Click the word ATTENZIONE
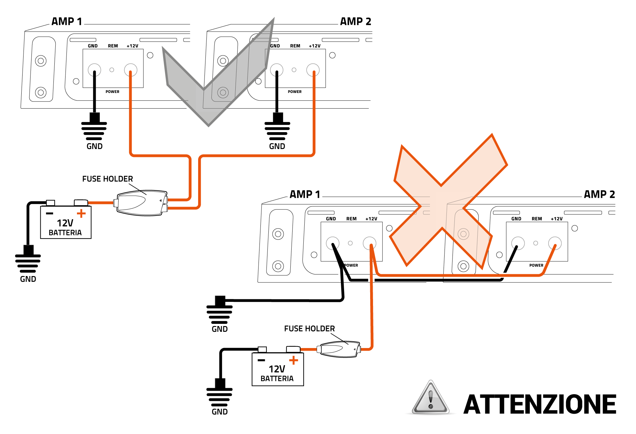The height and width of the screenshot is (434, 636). [x=540, y=404]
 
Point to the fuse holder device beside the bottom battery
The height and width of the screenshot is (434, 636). [x=339, y=350]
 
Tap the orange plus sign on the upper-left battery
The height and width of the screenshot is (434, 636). [x=81, y=213]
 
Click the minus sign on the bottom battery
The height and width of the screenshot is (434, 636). [x=261, y=360]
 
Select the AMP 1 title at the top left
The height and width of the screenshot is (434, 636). [x=67, y=21]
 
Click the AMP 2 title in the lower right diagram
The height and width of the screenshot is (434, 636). [x=599, y=194]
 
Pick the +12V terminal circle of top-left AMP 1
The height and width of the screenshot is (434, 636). [x=131, y=70]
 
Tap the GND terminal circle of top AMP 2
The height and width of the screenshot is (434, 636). [x=277, y=70]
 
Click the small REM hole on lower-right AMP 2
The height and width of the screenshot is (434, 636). [x=536, y=243]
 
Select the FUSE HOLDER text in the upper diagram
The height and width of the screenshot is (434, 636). [x=107, y=179]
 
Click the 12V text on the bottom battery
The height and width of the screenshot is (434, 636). [x=277, y=369]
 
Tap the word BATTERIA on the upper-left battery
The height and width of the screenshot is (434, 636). [x=65, y=233]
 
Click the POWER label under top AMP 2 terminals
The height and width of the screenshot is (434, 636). [x=294, y=92]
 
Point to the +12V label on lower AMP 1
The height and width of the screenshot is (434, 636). [x=371, y=219]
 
